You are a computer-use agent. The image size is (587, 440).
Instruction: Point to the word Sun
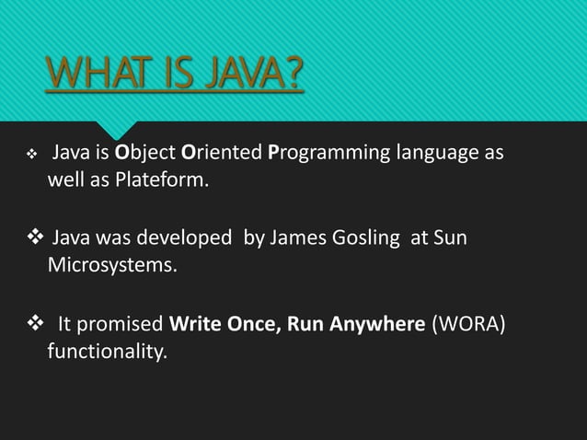(x=450, y=238)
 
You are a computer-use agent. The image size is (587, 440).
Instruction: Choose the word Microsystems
(x=110, y=265)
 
